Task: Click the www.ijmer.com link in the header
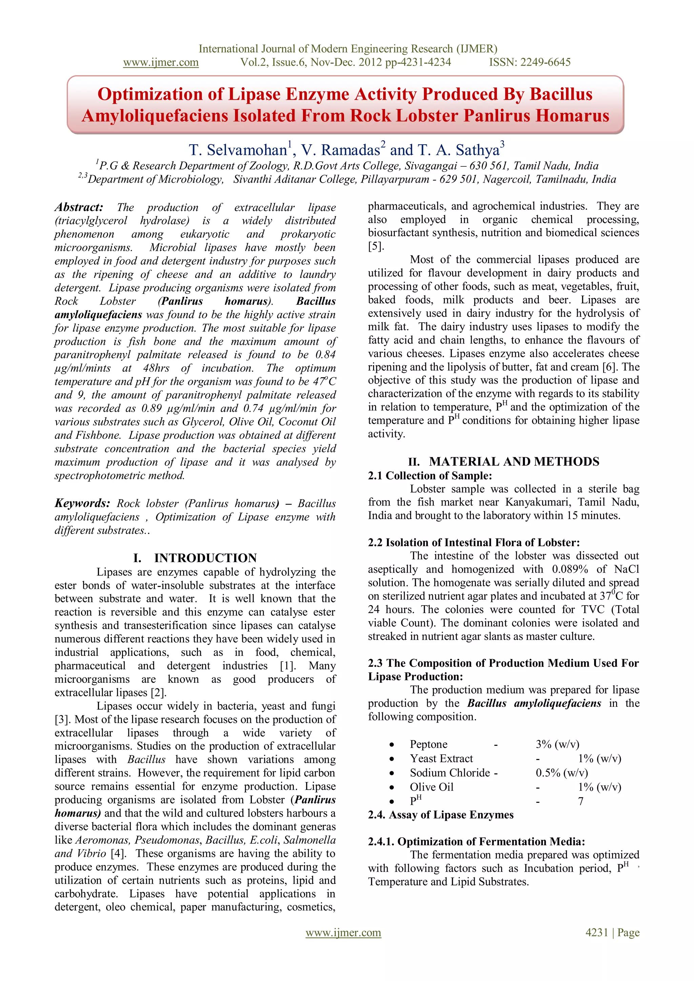click(161, 62)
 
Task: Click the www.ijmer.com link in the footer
click(343, 932)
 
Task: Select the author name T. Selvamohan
click(238, 150)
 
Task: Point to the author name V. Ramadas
click(341, 150)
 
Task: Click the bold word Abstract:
click(79, 207)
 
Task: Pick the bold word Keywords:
click(82, 503)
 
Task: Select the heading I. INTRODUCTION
click(195, 558)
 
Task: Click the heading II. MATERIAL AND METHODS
click(504, 462)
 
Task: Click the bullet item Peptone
click(428, 744)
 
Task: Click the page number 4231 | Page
click(612, 932)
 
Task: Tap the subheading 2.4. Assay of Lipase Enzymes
click(441, 815)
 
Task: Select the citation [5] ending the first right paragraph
click(375, 247)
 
